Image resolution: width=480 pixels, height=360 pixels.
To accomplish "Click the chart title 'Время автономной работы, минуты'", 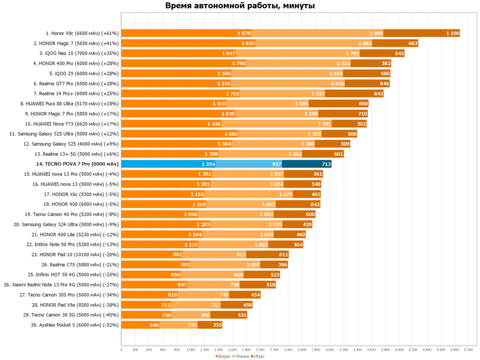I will pos(240,6).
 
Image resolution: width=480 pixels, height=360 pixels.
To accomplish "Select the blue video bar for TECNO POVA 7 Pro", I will pos(168,164).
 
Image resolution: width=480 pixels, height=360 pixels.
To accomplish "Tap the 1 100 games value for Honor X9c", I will pos(453,33).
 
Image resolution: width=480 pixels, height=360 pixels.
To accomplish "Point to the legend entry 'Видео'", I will pos(223,356).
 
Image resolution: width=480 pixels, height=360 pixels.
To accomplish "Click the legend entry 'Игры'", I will pos(258,356).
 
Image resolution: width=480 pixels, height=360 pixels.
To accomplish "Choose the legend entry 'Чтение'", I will pos(241,356).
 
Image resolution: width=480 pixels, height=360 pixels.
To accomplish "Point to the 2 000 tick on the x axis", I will pos(261,350).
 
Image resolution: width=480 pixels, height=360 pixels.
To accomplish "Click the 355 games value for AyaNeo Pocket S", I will pos(217,325).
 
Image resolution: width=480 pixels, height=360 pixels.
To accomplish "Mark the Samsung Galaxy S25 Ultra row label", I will pos(64,134).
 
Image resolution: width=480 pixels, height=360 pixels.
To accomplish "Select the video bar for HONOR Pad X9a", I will pos(146,305).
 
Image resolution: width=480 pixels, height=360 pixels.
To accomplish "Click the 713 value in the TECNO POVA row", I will pos(326,164).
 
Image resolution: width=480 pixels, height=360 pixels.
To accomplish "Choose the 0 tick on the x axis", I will pos(122,350).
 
